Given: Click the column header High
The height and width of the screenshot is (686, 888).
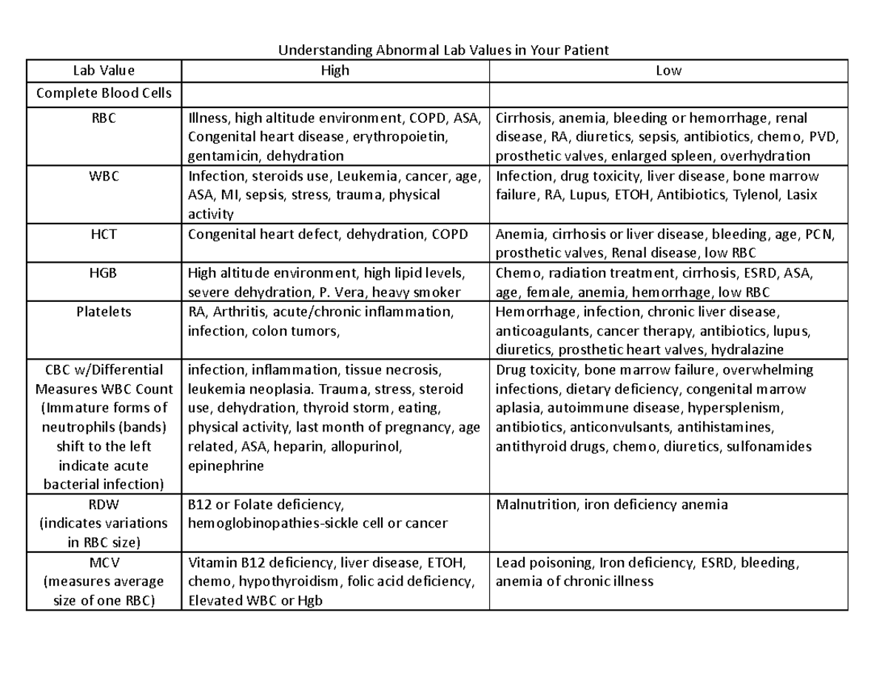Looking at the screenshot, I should tap(334, 71).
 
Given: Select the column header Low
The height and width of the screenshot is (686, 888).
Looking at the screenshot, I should tap(668, 71).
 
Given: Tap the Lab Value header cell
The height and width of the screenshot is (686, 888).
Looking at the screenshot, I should tap(104, 71).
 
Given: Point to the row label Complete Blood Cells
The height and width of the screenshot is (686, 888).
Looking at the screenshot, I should tap(104, 93).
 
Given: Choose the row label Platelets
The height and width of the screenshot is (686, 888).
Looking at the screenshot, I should tap(104, 312).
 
